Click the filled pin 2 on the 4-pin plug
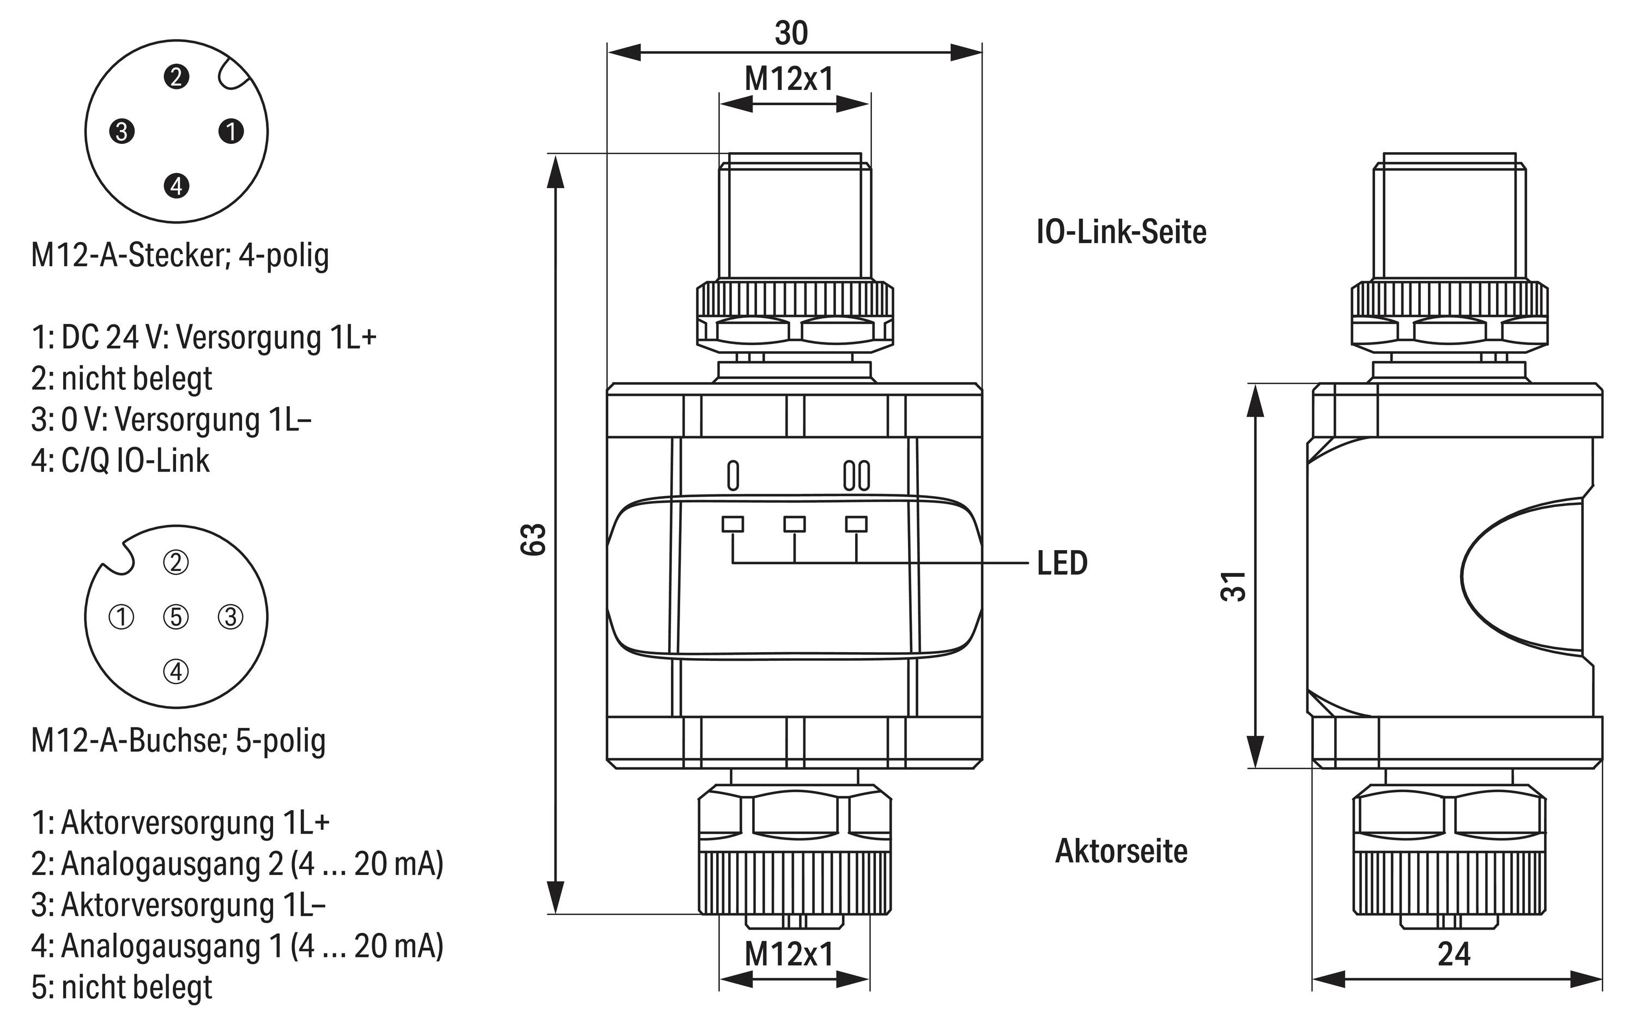[x=176, y=77]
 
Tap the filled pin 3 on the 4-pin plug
[x=122, y=131]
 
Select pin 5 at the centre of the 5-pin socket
[x=176, y=617]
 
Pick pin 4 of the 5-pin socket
[x=176, y=671]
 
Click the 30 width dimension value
[x=791, y=33]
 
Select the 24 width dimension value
[x=1454, y=955]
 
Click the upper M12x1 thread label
[x=789, y=79]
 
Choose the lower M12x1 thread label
[x=789, y=955]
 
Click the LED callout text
[x=1062, y=563]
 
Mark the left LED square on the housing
[x=732, y=524]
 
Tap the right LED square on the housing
[x=856, y=524]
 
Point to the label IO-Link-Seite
[x=1122, y=232]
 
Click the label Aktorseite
[x=1122, y=851]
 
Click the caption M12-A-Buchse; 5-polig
[x=178, y=740]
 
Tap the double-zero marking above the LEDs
[x=856, y=476]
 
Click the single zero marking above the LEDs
[x=732, y=476]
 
